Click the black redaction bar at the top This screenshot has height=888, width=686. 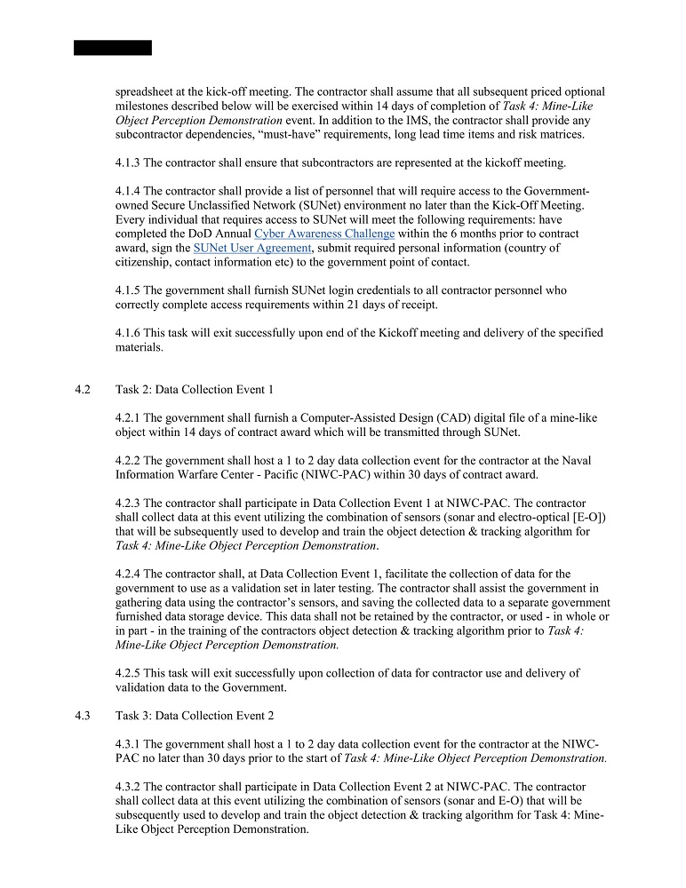click(113, 47)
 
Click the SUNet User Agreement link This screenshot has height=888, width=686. click(252, 248)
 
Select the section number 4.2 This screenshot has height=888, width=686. click(84, 390)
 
